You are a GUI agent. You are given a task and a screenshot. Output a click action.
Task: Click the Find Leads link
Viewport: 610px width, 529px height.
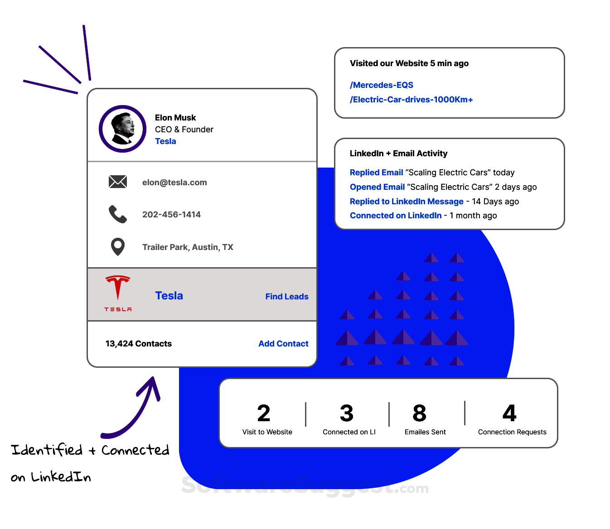pyautogui.click(x=287, y=297)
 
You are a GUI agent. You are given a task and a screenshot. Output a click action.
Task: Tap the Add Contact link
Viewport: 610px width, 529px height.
pyautogui.click(x=283, y=344)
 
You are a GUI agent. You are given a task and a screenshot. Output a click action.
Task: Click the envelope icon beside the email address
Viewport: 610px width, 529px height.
pyautogui.click(x=118, y=182)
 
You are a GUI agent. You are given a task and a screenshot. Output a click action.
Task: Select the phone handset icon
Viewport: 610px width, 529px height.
pyautogui.click(x=118, y=214)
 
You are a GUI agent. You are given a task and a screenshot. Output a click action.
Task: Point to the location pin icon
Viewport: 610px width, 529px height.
pyautogui.click(x=118, y=247)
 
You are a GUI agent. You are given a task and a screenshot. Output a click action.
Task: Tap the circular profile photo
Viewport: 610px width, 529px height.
pyautogui.click(x=122, y=129)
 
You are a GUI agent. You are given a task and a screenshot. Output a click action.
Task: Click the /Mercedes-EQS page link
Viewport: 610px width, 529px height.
pyautogui.click(x=382, y=85)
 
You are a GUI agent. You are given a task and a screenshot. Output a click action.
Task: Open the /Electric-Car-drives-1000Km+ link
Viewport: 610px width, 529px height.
pyautogui.click(x=411, y=100)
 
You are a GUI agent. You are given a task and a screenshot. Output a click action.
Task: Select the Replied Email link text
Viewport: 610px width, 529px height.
pyautogui.click(x=376, y=173)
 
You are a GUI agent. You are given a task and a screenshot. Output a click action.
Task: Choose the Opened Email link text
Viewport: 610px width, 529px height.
pyautogui.click(x=377, y=187)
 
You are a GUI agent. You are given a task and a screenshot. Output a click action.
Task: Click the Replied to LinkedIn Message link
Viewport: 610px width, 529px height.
pyautogui.click(x=407, y=202)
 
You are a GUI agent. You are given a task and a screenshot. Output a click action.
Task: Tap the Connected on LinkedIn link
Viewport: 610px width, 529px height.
pyautogui.click(x=396, y=216)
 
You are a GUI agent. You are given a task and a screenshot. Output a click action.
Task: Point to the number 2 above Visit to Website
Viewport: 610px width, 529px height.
pyautogui.click(x=264, y=413)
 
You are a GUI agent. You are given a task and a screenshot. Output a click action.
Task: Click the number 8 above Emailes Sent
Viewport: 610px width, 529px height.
pyautogui.click(x=420, y=413)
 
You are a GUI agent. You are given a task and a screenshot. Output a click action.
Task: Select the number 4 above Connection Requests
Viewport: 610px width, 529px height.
pyautogui.click(x=509, y=413)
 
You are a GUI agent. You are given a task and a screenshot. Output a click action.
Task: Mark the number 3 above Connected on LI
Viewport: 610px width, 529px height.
pyautogui.click(x=347, y=413)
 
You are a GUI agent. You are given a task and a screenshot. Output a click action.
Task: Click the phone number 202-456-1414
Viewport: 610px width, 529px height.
pyautogui.click(x=171, y=215)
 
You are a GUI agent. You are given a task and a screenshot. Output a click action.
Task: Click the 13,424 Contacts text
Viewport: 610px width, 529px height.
pyautogui.click(x=139, y=344)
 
